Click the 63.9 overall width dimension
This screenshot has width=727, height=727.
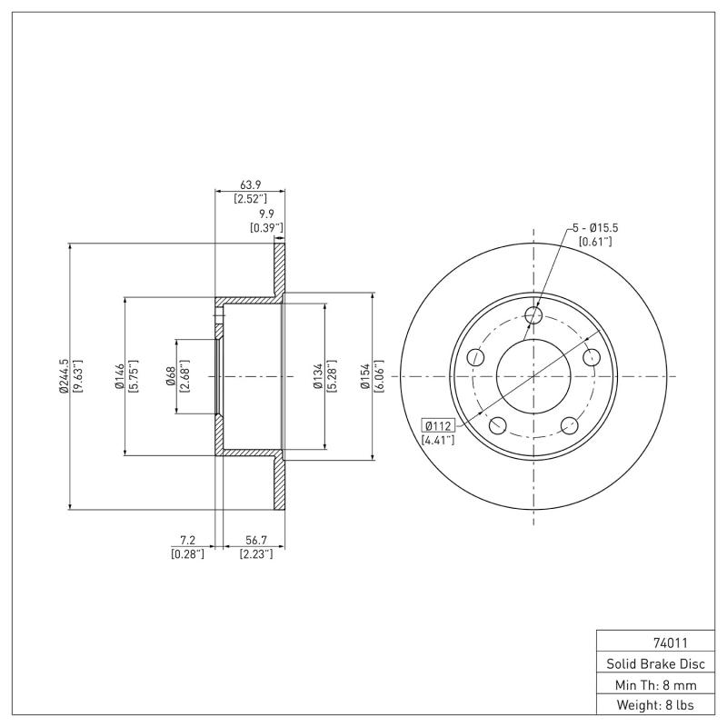pyautogui.click(x=250, y=184)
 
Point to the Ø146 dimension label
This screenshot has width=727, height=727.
pyautogui.click(x=118, y=376)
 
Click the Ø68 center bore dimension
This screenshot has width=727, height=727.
pyautogui.click(x=171, y=376)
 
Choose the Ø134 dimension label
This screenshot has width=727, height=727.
pyautogui.click(x=318, y=376)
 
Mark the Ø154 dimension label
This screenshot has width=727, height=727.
pyautogui.click(x=364, y=376)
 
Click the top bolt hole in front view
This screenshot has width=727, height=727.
pyautogui.click(x=534, y=315)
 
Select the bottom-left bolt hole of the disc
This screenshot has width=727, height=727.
pyautogui.click(x=497, y=425)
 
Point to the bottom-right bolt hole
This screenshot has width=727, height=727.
pyautogui.click(x=571, y=425)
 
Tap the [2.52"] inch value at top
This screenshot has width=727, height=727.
pyautogui.click(x=250, y=198)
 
